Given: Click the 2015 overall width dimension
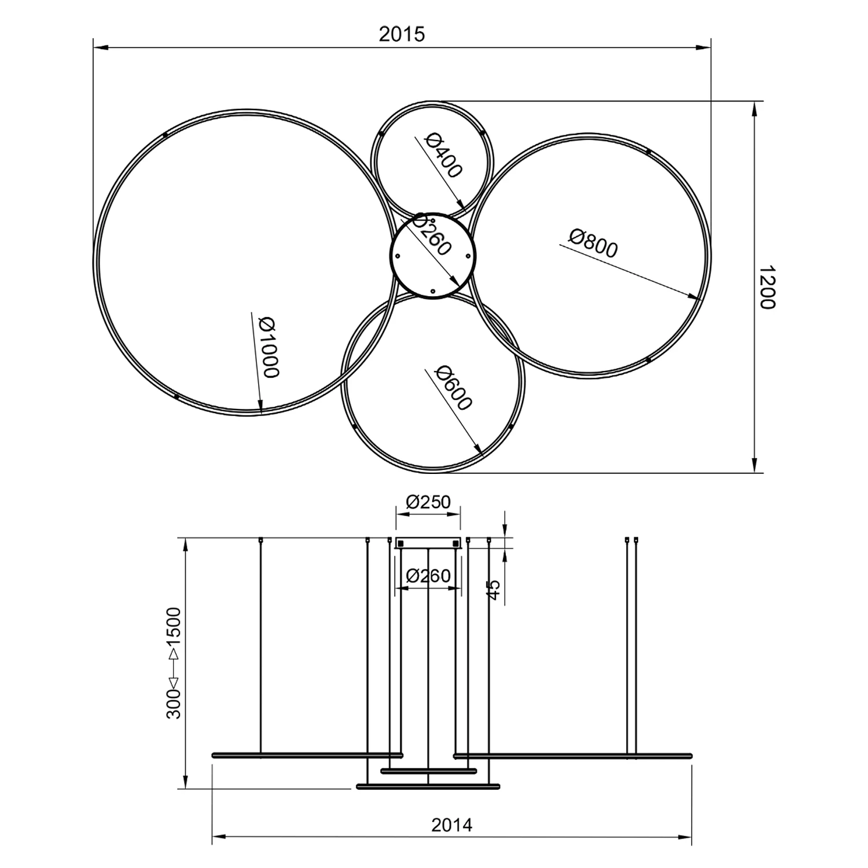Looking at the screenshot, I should pos(402,34).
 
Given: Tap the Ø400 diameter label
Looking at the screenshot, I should pos(444,156).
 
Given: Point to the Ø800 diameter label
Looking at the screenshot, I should pos(593,243).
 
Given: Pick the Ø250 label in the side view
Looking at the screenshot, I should pos(428,502).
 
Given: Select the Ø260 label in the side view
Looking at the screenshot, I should pos(428,576).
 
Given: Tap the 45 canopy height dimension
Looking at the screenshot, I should pos(494,590).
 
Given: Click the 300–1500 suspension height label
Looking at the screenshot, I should pos(174,663).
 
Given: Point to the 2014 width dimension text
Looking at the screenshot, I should pos(451,825).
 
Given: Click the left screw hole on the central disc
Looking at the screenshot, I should pos(398,255).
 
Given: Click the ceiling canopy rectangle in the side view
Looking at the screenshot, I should pos(428,543).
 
